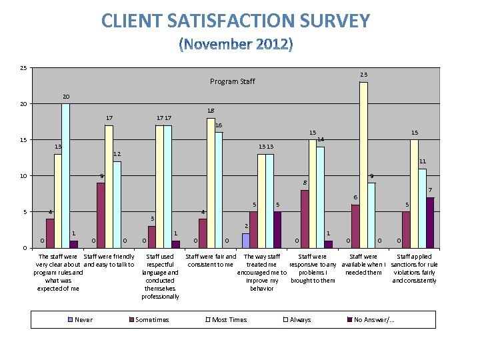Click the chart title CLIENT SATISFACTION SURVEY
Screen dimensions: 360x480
[x=235, y=21]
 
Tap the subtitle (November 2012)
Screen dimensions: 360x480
[x=235, y=45]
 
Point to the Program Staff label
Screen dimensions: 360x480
[x=233, y=81]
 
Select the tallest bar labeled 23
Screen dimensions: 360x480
[x=363, y=165]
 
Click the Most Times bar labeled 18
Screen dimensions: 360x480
[x=211, y=183]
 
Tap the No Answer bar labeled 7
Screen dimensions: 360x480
[x=430, y=223]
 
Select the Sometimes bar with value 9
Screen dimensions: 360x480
[x=101, y=215]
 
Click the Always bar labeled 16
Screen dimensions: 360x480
[x=219, y=190]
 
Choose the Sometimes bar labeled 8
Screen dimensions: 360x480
[x=305, y=219]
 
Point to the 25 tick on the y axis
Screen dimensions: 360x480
[x=24, y=68]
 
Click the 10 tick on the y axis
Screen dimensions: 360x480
[x=24, y=176]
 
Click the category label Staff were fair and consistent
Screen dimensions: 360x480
[x=210, y=261]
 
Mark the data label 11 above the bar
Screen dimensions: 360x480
[x=423, y=161]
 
